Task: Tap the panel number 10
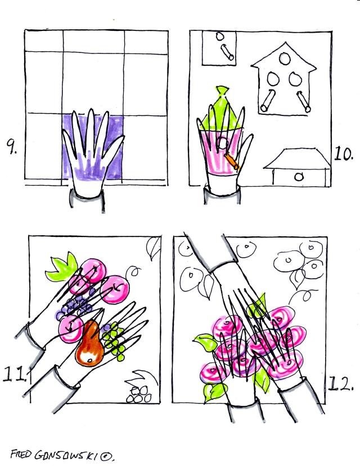(344, 154)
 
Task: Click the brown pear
(89, 345)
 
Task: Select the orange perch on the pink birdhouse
(232, 161)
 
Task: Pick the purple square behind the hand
(93, 147)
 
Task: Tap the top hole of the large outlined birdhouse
(285, 59)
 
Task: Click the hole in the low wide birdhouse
(299, 177)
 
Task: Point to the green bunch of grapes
(114, 342)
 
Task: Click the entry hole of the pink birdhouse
(222, 144)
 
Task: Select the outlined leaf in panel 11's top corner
(153, 248)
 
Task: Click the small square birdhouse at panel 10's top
(219, 48)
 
